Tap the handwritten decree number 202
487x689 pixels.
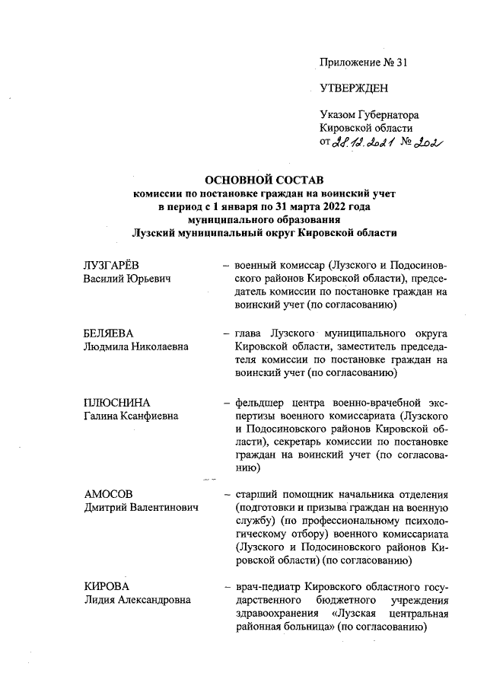point(427,145)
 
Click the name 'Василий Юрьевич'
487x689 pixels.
point(126,279)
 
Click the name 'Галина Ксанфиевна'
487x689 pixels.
point(131,416)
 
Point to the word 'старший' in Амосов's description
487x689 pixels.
point(257,493)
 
